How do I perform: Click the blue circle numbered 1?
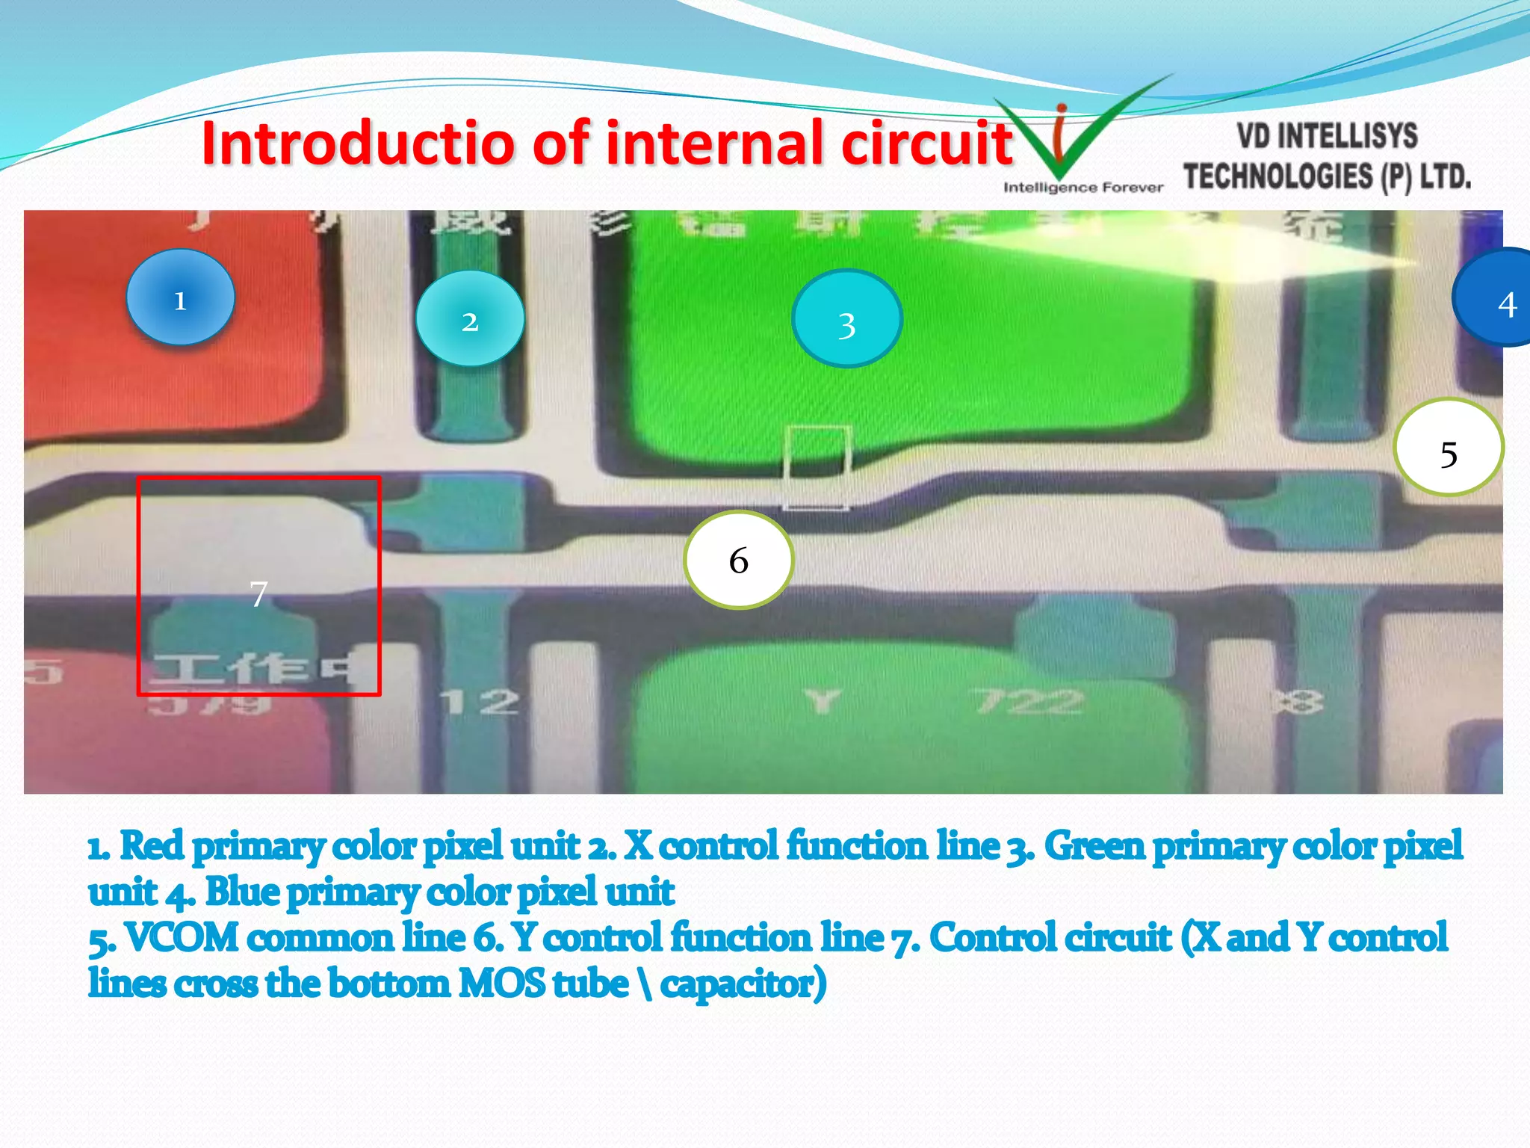180,297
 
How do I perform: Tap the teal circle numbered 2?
470,319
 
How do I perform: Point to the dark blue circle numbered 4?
1498,299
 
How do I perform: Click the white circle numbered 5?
1448,448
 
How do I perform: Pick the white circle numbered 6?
738,560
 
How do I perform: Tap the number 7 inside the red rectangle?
258,594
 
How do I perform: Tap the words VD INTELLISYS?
1327,137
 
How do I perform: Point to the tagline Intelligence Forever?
1083,188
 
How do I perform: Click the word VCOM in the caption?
182,938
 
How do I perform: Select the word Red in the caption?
152,846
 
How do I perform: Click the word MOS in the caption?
501,984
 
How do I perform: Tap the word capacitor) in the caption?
743,984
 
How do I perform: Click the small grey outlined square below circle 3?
816,468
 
